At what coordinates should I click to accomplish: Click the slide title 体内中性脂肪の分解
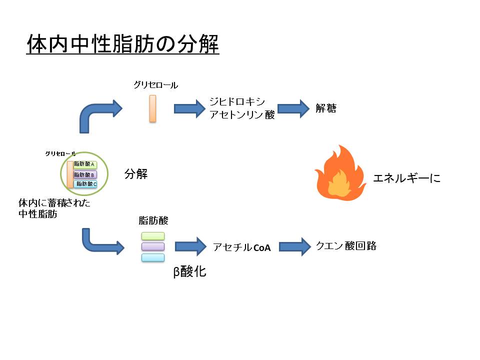(122, 44)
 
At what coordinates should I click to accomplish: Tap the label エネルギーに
(407, 178)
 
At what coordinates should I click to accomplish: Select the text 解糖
(326, 107)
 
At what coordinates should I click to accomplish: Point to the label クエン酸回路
(346, 246)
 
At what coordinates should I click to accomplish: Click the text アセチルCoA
(241, 247)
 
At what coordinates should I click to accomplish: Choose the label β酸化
(189, 272)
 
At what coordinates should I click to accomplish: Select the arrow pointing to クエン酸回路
(294, 246)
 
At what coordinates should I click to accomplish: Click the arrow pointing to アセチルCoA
(190, 246)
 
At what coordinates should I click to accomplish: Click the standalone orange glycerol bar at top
(152, 108)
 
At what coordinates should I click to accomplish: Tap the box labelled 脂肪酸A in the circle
(85, 164)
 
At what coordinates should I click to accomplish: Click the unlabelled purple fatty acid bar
(153, 246)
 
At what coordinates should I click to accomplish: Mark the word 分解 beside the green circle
(136, 174)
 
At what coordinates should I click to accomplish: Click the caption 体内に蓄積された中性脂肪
(54, 209)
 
